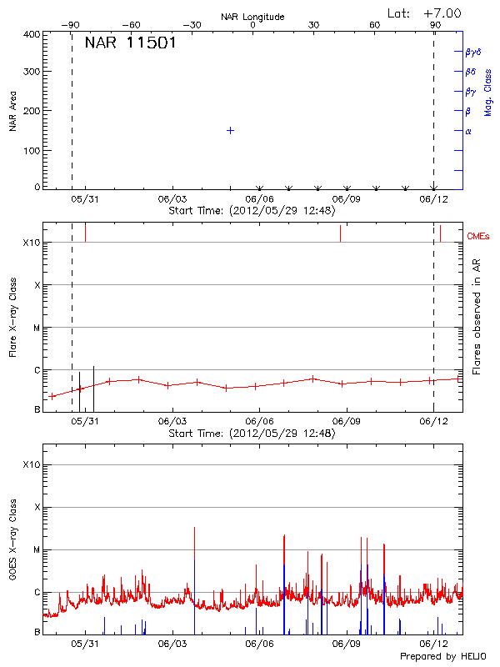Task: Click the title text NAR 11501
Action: point(130,43)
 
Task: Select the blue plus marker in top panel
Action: point(230,130)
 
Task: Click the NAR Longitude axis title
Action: point(252,16)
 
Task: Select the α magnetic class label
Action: point(468,131)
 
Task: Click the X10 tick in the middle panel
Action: point(32,243)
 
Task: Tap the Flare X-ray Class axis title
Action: point(12,316)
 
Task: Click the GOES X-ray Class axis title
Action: point(12,538)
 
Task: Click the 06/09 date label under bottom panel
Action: point(346,644)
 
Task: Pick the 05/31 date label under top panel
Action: point(84,199)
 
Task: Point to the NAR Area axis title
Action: point(12,111)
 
